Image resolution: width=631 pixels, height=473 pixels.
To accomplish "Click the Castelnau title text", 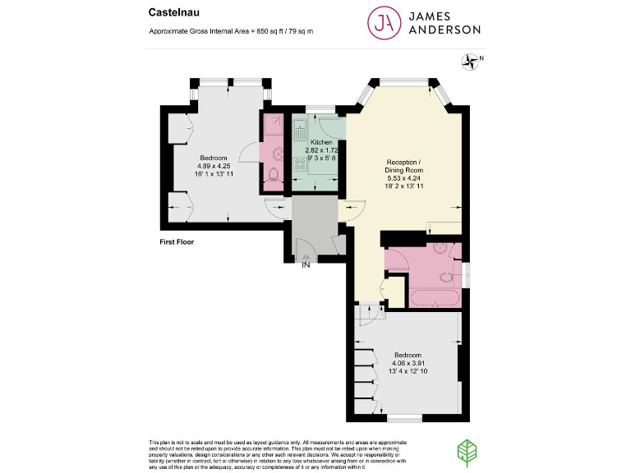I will tap(170, 12).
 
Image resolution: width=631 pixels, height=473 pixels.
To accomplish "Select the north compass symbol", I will tap(471, 60).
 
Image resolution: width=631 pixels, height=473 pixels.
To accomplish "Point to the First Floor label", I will tap(177, 242).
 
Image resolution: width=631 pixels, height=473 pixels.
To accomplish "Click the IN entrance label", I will tap(306, 265).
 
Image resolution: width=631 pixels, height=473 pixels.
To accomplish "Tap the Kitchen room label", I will tap(315, 142).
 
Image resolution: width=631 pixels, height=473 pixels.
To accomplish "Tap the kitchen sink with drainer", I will tap(302, 131).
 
